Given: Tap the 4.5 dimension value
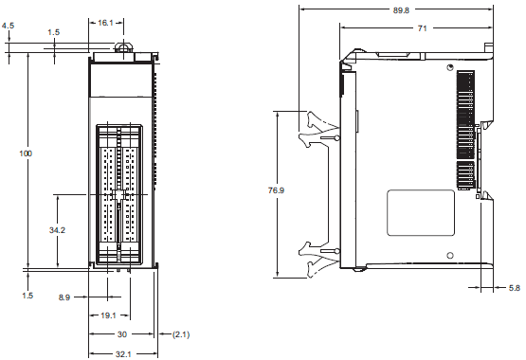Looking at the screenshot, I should click(x=8, y=12).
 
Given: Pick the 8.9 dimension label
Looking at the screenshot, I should click(x=64, y=297).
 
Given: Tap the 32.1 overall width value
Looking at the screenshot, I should click(x=123, y=353).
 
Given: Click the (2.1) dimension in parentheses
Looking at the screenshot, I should click(x=179, y=334).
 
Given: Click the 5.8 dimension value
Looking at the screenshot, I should click(x=512, y=287).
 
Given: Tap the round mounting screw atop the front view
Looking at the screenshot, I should click(x=122, y=46).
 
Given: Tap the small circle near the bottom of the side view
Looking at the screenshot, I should click(x=450, y=253).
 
